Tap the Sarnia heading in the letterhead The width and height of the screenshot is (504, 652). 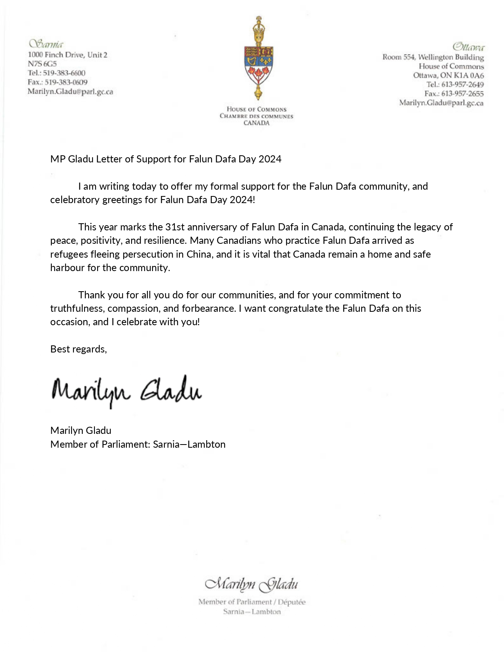click(x=46, y=44)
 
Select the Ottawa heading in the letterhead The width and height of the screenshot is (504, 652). click(x=468, y=47)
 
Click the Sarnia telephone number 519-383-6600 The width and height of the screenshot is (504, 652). click(x=64, y=73)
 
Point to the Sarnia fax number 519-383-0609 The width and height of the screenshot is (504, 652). click(x=66, y=82)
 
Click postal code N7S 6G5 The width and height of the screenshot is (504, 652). click(x=42, y=64)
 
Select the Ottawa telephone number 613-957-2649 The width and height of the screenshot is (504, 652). click(x=462, y=85)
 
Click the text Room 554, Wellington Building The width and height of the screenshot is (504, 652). click(x=433, y=57)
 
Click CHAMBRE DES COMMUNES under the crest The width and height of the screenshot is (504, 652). click(x=257, y=116)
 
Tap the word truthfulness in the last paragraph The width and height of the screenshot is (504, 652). click(x=77, y=309)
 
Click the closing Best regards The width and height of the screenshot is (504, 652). click(x=78, y=349)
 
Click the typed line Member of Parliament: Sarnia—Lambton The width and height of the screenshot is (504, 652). click(x=138, y=445)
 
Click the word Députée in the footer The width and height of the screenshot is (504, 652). click(x=292, y=602)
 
